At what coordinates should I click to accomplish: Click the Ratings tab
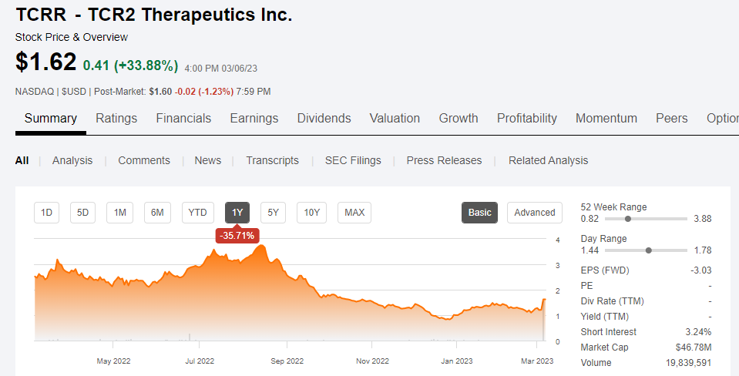(x=116, y=118)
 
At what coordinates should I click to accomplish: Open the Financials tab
(x=183, y=118)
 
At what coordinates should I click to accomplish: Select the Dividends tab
(x=324, y=118)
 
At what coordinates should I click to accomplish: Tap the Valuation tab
(x=395, y=118)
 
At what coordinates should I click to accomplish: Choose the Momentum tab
(x=606, y=118)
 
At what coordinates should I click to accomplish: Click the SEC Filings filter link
(x=353, y=160)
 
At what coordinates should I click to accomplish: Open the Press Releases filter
(x=444, y=160)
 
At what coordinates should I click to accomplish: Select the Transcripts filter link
(x=272, y=160)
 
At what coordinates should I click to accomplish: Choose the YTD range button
(x=198, y=213)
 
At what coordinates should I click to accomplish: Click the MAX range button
(x=354, y=213)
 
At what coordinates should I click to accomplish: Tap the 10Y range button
(x=312, y=213)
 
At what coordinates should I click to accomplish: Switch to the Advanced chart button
(x=534, y=213)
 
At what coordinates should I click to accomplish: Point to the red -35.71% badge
(x=237, y=235)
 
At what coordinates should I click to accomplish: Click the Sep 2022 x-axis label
(x=287, y=361)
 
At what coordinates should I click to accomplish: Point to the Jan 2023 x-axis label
(x=457, y=361)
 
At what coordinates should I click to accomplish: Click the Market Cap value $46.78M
(x=693, y=347)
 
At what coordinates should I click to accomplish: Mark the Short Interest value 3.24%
(x=698, y=332)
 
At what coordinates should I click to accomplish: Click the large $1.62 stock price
(x=45, y=62)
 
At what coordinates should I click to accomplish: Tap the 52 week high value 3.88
(x=702, y=219)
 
